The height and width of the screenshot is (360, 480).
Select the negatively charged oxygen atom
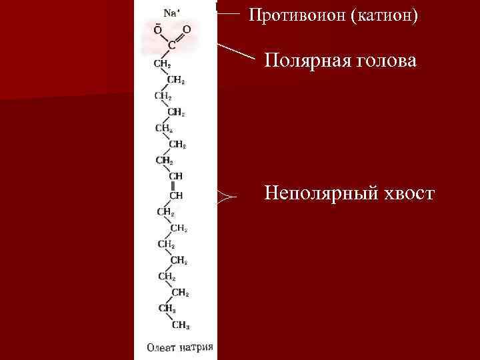(157, 30)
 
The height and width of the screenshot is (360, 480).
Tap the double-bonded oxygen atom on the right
(187, 30)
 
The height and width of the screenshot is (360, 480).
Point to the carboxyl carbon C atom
(172, 45)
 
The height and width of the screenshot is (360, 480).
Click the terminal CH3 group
(180, 325)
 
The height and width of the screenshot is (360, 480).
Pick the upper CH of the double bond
(176, 175)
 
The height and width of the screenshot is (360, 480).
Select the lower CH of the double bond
(176, 195)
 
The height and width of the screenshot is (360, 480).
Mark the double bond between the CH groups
(173, 185)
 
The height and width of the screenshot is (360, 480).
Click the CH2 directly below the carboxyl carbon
(162, 64)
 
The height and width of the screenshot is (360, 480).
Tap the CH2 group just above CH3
(166, 309)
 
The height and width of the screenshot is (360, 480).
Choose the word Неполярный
(321, 193)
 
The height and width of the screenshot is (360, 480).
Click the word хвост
(407, 193)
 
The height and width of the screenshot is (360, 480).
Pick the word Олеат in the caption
(161, 347)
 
